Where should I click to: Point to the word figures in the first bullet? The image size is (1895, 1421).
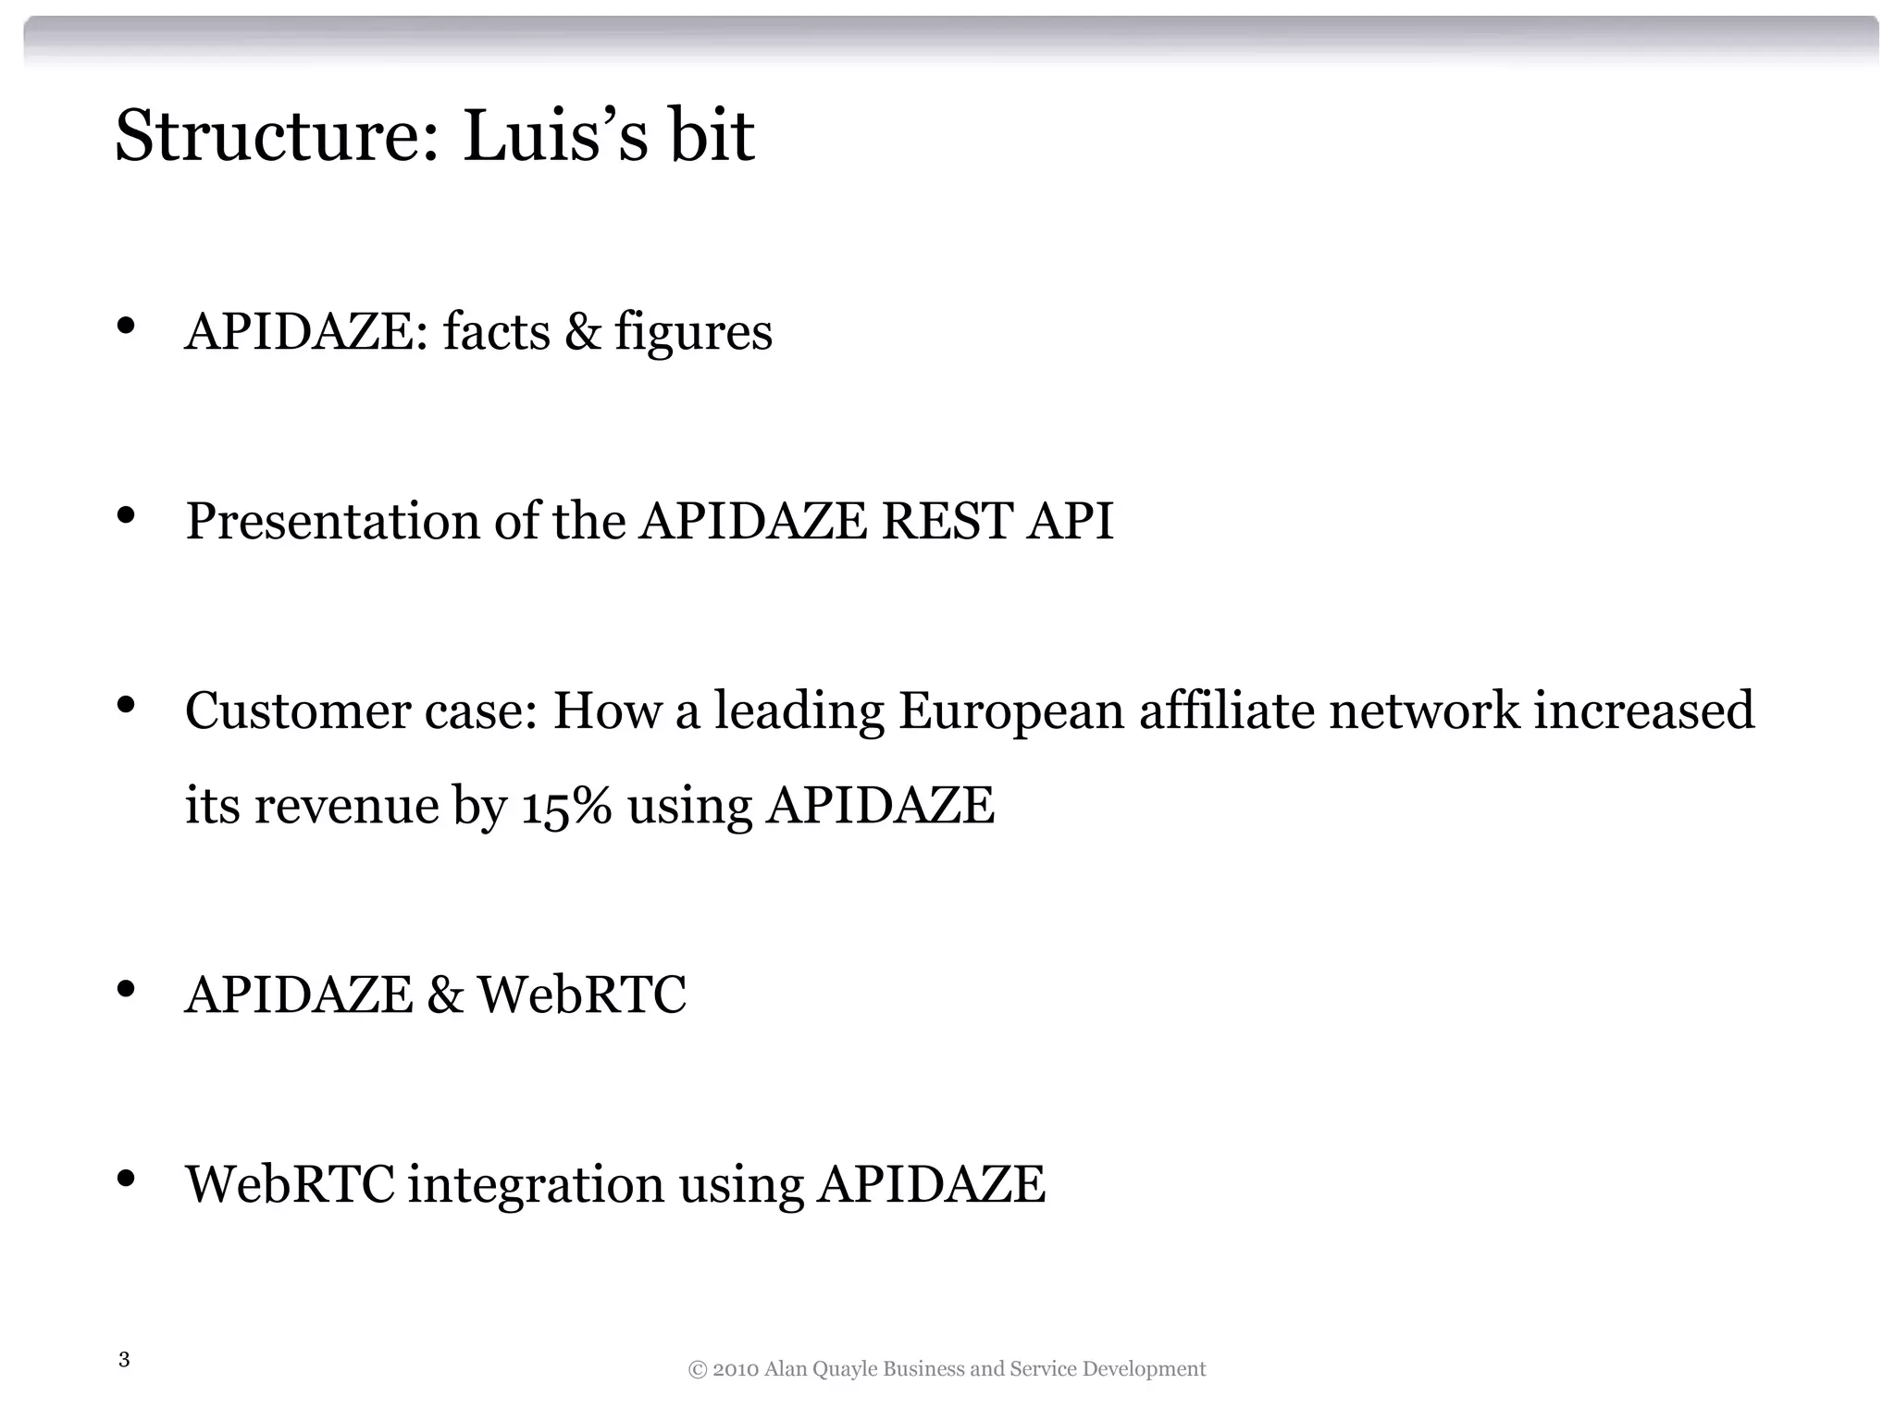tap(693, 333)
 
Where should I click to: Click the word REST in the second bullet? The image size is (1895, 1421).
tap(946, 521)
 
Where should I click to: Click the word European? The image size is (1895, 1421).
tap(1010, 712)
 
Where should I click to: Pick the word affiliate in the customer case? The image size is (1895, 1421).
tap(1227, 710)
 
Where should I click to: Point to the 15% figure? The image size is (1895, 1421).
tap(566, 806)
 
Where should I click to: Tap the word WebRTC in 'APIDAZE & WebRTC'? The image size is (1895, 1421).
tap(582, 995)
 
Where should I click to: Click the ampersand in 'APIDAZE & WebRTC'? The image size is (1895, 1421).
tap(445, 995)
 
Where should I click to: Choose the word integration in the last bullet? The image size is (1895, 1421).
tap(536, 1185)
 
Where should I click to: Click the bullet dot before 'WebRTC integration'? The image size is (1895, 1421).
tap(127, 1179)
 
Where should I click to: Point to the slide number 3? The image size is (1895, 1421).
tap(124, 1360)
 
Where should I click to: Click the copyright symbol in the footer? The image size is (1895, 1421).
tap(698, 1369)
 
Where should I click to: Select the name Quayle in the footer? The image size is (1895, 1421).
tap(844, 1369)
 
